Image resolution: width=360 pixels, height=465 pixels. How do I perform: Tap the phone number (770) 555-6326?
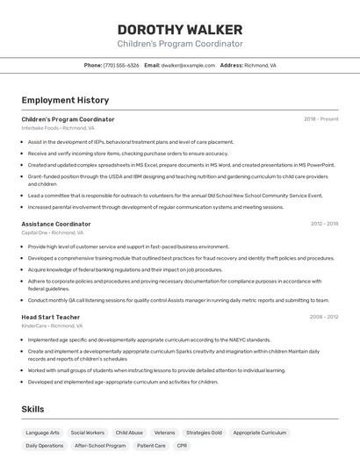pos(121,65)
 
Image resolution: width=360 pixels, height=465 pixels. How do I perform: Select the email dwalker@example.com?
pos(188,65)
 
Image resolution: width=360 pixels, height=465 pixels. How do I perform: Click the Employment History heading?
pos(65,100)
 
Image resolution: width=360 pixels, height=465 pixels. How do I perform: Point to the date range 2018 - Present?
pos(320,119)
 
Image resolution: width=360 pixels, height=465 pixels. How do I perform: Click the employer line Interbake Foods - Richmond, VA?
pos(58,128)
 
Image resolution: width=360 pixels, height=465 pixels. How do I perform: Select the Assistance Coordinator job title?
pos(56,224)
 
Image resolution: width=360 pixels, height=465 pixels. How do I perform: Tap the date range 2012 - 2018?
pos(324,224)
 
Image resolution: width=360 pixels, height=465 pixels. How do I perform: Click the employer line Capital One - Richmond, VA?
pos(53,233)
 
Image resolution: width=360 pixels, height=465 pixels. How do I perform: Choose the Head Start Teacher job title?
pos(51,317)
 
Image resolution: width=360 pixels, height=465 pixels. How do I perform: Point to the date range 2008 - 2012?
pos(324,317)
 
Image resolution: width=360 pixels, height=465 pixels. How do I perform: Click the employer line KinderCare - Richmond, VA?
pos(52,325)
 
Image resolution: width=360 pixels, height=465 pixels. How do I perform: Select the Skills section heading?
pos(32,409)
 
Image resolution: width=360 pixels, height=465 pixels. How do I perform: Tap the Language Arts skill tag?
pos(43,433)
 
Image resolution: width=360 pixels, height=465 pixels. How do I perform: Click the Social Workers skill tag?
pos(88,433)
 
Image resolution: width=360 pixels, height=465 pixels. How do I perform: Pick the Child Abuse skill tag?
pos(129,433)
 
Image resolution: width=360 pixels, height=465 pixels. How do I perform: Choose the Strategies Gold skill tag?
pos(204,433)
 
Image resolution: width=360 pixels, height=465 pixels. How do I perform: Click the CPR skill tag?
pos(182,446)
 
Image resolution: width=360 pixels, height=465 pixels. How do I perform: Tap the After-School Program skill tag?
pos(100,446)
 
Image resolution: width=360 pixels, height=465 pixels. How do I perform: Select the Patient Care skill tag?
pos(151,446)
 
